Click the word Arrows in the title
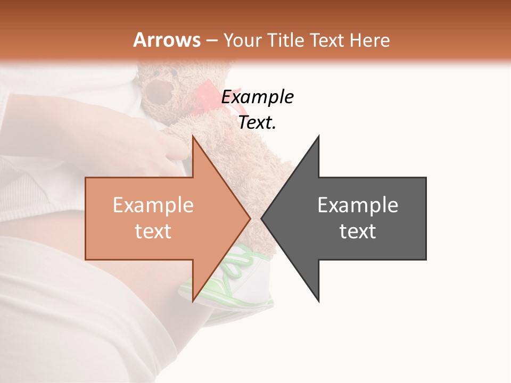coord(167,40)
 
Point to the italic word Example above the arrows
coord(257,97)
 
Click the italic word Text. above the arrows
coord(257,123)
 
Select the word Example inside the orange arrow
coord(153,205)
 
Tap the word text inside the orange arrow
coord(153,231)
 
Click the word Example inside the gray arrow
coord(358,205)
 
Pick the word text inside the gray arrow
coord(358,231)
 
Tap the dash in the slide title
coord(211,41)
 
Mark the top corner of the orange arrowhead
coord(193,137)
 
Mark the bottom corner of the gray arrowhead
coord(319,301)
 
